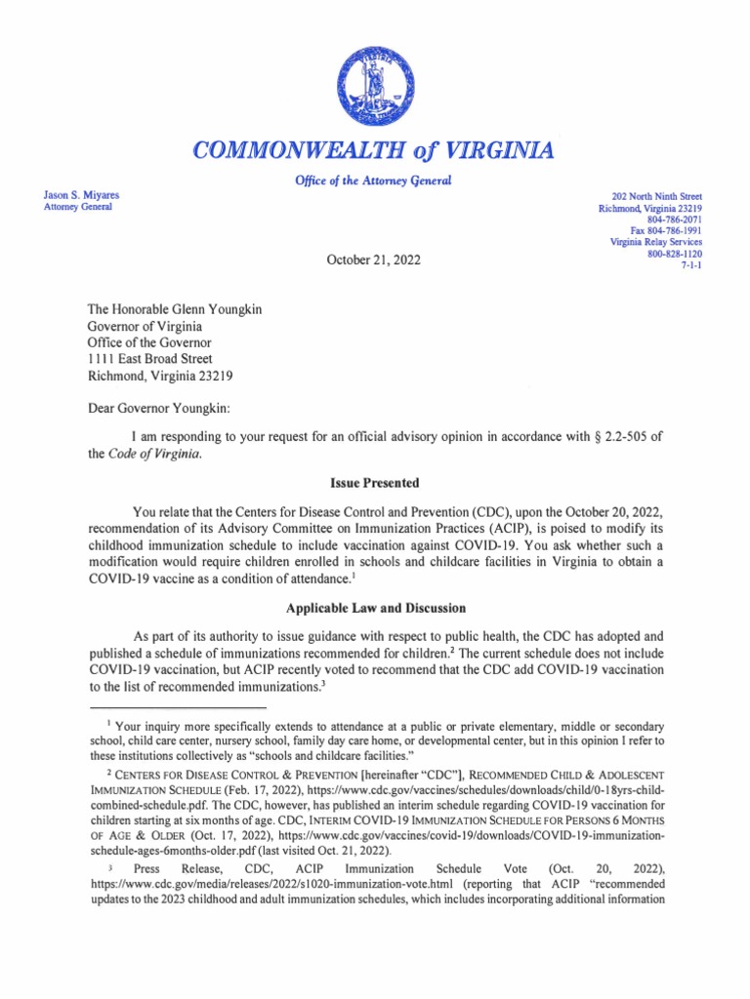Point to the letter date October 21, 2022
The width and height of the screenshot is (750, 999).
(374, 261)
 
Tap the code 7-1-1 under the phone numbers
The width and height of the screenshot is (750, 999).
(689, 264)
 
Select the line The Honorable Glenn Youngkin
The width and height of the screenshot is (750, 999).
(175, 310)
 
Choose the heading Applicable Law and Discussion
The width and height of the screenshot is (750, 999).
(374, 608)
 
